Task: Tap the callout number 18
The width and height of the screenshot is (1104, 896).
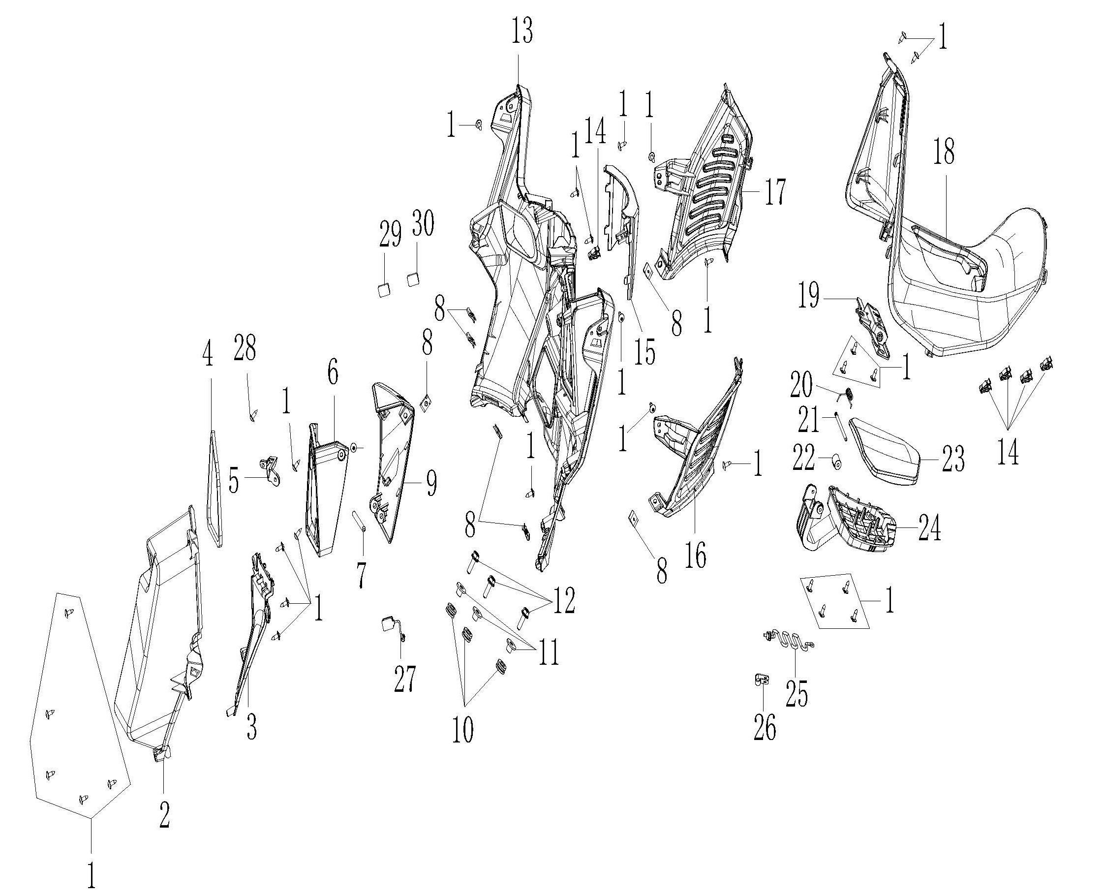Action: coord(944,152)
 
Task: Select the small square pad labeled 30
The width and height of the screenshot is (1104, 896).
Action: coord(413,280)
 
